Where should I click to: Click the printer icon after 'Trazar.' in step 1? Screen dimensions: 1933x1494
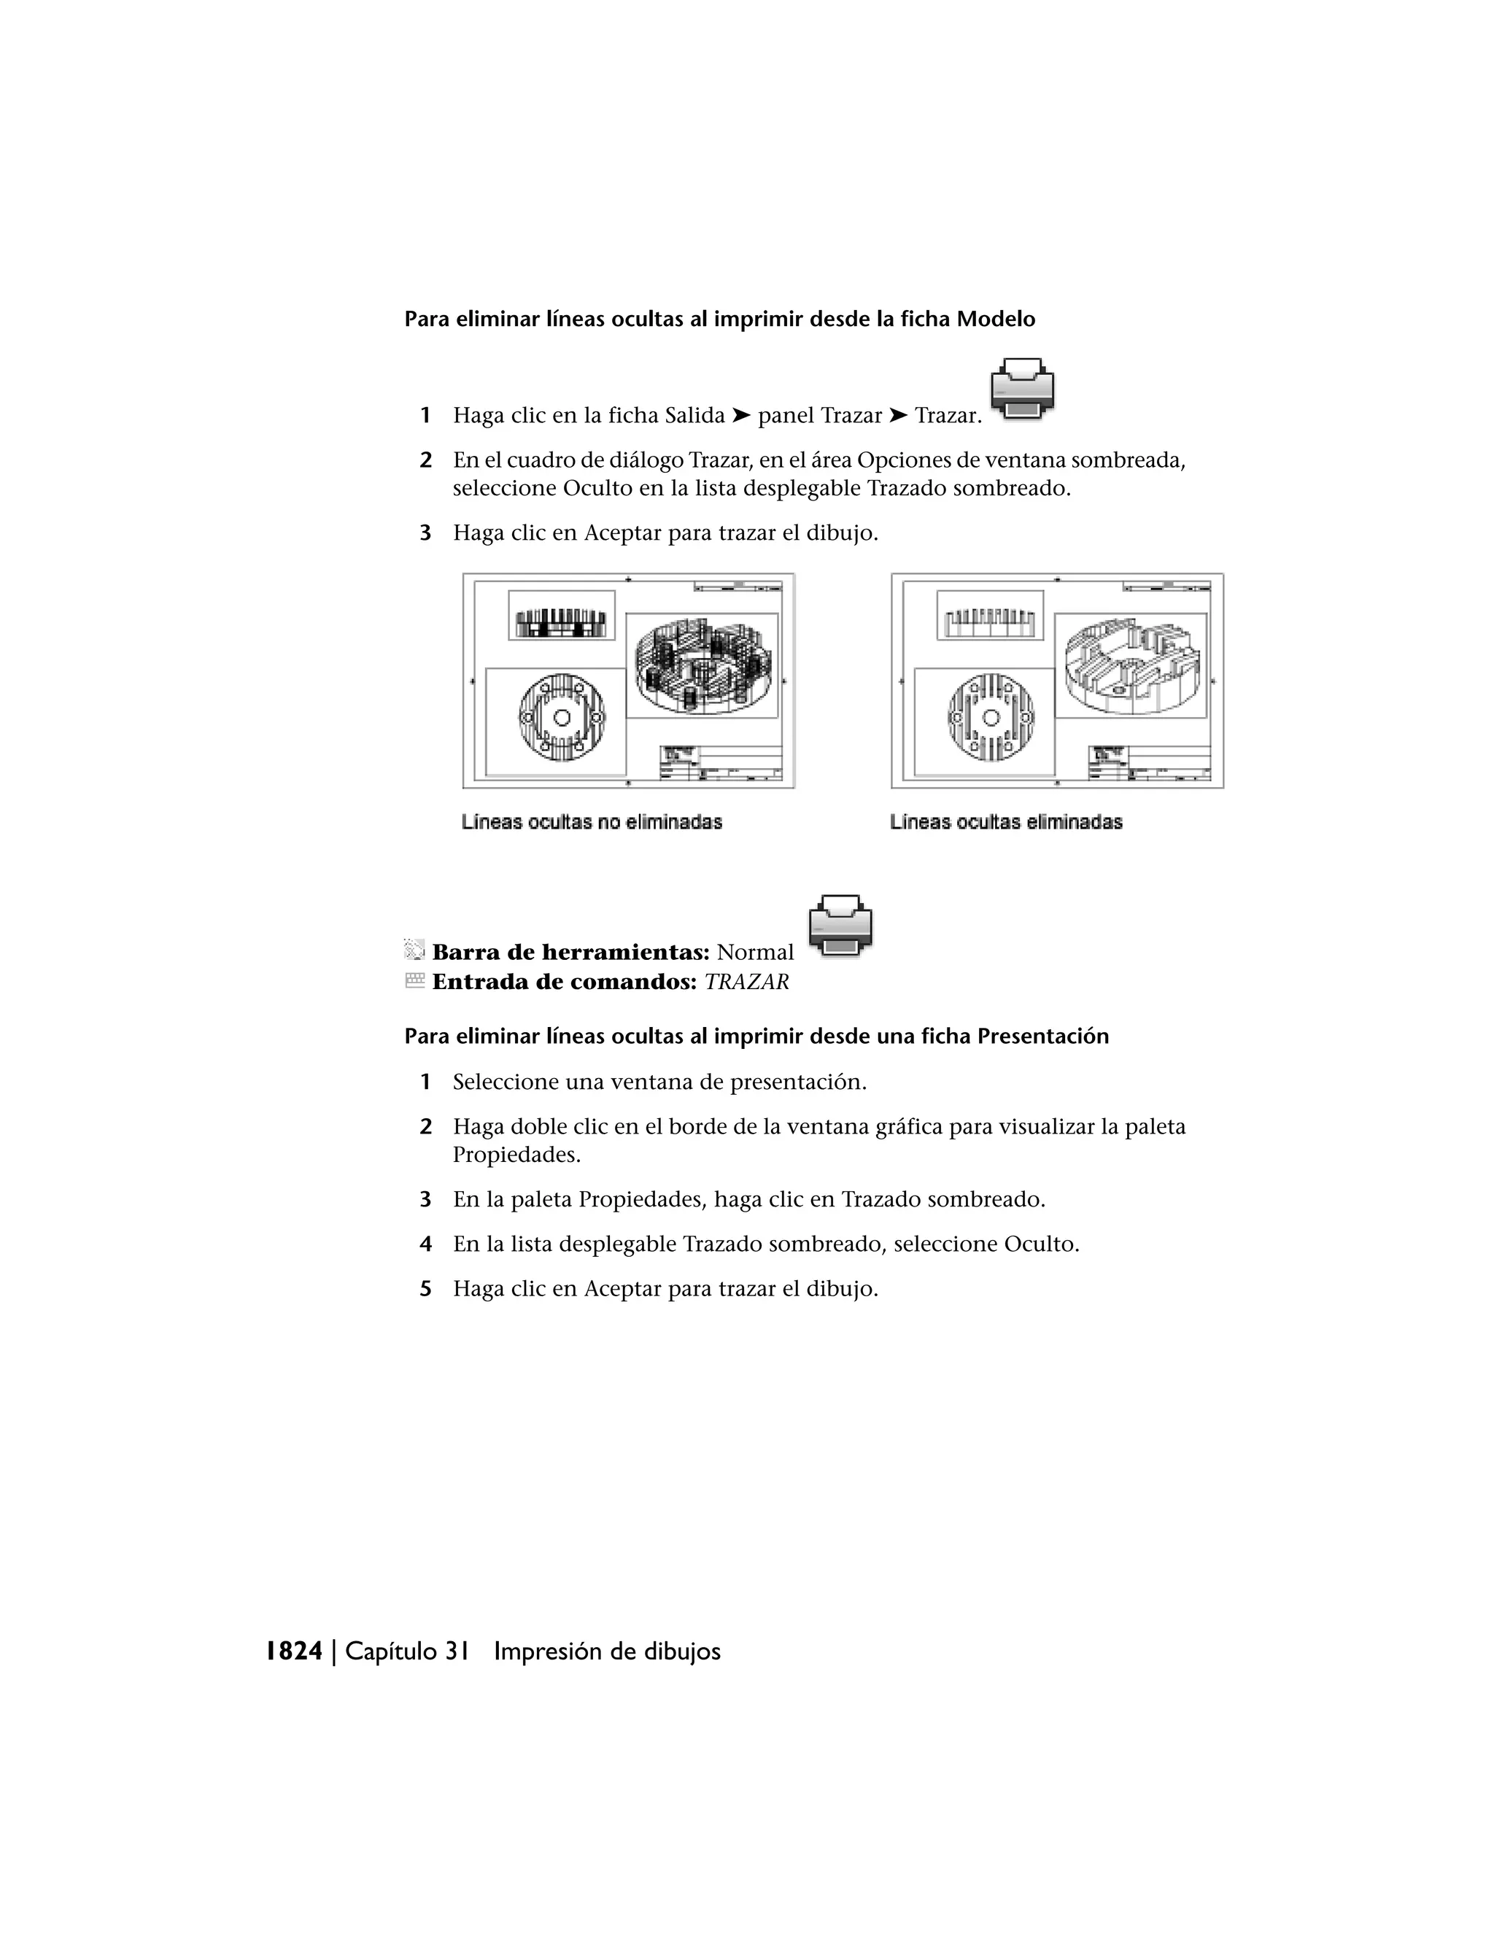point(1022,389)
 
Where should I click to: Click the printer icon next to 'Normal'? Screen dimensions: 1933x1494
point(841,926)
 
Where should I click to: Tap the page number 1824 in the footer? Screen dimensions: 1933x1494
point(295,1651)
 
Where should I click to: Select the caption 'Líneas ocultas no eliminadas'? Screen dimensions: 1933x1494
point(591,822)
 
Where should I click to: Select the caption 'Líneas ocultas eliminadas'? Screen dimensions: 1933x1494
point(1005,822)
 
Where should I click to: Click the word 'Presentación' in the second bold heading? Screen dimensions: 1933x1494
point(1042,1036)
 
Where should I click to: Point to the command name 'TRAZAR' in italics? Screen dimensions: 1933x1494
point(746,982)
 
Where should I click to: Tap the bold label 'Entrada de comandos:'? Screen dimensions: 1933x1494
point(564,982)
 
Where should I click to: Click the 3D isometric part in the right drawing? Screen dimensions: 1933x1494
point(1132,665)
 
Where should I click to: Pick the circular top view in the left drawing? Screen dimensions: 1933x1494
point(561,718)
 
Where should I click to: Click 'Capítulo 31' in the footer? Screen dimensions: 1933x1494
point(406,1651)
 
